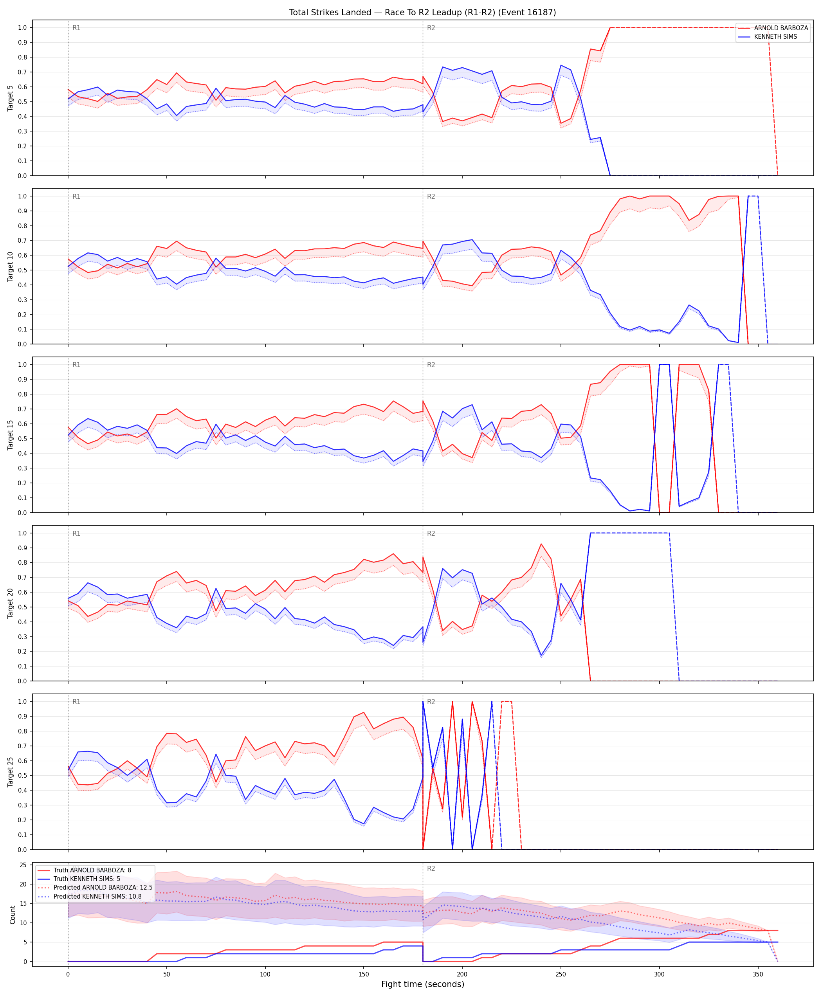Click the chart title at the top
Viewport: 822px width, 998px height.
pos(422,12)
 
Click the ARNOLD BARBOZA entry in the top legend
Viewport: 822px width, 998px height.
pos(781,28)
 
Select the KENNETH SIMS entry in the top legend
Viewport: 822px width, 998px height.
pos(775,36)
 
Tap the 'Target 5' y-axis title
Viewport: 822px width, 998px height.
pos(11,98)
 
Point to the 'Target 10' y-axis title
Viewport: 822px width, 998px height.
pos(11,267)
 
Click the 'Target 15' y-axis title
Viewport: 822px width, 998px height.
pos(11,434)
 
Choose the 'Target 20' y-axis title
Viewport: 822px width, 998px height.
pos(11,603)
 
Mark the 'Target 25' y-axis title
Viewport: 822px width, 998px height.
pos(11,772)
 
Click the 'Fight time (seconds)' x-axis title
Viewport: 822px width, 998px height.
pos(422,984)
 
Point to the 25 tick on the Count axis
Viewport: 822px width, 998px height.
pos(23,865)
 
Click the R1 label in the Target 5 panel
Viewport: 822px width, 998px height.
pos(76,28)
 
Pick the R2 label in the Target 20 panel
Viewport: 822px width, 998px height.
pos(431,533)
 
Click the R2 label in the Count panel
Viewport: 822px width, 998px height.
pos(431,869)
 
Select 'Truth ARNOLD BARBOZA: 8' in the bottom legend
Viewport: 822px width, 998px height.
pos(92,870)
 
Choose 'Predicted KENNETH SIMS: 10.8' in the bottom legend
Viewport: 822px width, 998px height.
pos(97,896)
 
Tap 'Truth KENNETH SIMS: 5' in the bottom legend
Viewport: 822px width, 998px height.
pos(87,879)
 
